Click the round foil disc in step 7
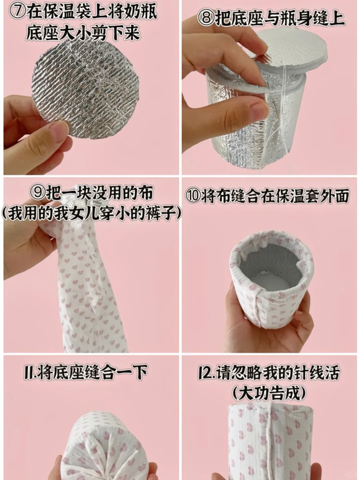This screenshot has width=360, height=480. click(85, 89)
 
